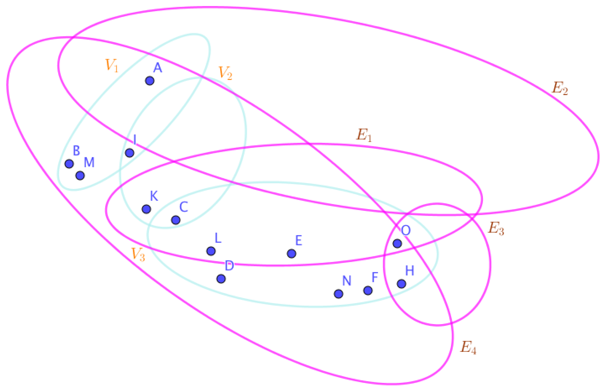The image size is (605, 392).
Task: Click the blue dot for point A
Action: tap(150, 81)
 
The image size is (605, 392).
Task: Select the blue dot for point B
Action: tap(69, 164)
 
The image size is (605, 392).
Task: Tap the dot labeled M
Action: tap(80, 175)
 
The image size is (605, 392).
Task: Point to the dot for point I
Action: tap(130, 153)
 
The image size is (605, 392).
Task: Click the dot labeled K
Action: tap(146, 209)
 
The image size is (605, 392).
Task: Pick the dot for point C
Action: tap(176, 220)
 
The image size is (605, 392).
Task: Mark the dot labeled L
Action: tap(211, 251)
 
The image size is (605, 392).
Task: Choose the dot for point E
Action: tap(291, 253)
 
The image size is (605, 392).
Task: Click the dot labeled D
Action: tap(221, 279)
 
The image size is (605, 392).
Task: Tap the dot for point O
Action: tap(397, 244)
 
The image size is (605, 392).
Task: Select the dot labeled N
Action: tap(338, 294)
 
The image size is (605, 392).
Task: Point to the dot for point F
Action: tap(368, 290)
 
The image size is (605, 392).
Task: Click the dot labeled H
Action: tap(401, 284)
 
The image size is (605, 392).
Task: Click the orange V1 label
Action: tap(112, 65)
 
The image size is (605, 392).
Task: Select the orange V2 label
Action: tap(225, 73)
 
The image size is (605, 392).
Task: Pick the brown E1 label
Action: tap(364, 135)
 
